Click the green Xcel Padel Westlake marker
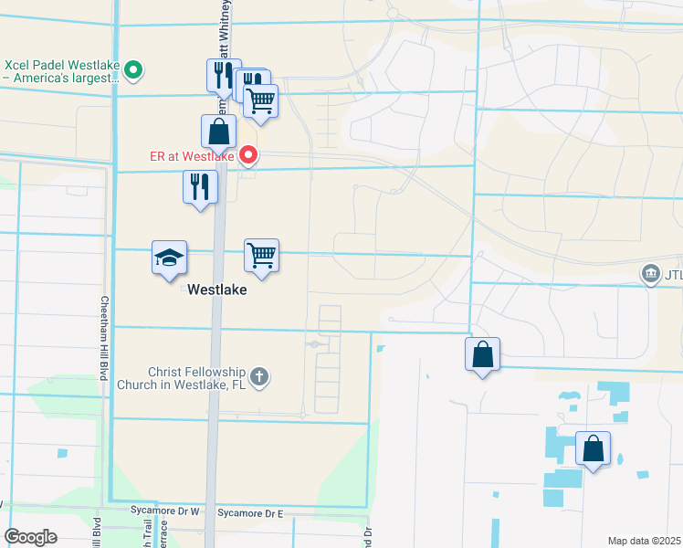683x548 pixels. pyautogui.click(x=134, y=68)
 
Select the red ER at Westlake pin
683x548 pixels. pyautogui.click(x=248, y=155)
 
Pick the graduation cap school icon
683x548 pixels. pyautogui.click(x=169, y=258)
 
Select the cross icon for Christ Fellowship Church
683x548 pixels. pyautogui.click(x=259, y=376)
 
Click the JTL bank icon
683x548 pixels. pyautogui.click(x=651, y=274)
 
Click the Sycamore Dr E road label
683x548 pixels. pyautogui.click(x=251, y=513)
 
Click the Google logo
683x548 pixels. pyautogui.click(x=31, y=537)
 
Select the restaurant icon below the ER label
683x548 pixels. pyautogui.click(x=200, y=187)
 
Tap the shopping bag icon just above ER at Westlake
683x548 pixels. pyautogui.click(x=219, y=132)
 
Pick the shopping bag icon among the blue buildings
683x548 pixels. pyautogui.click(x=594, y=448)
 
